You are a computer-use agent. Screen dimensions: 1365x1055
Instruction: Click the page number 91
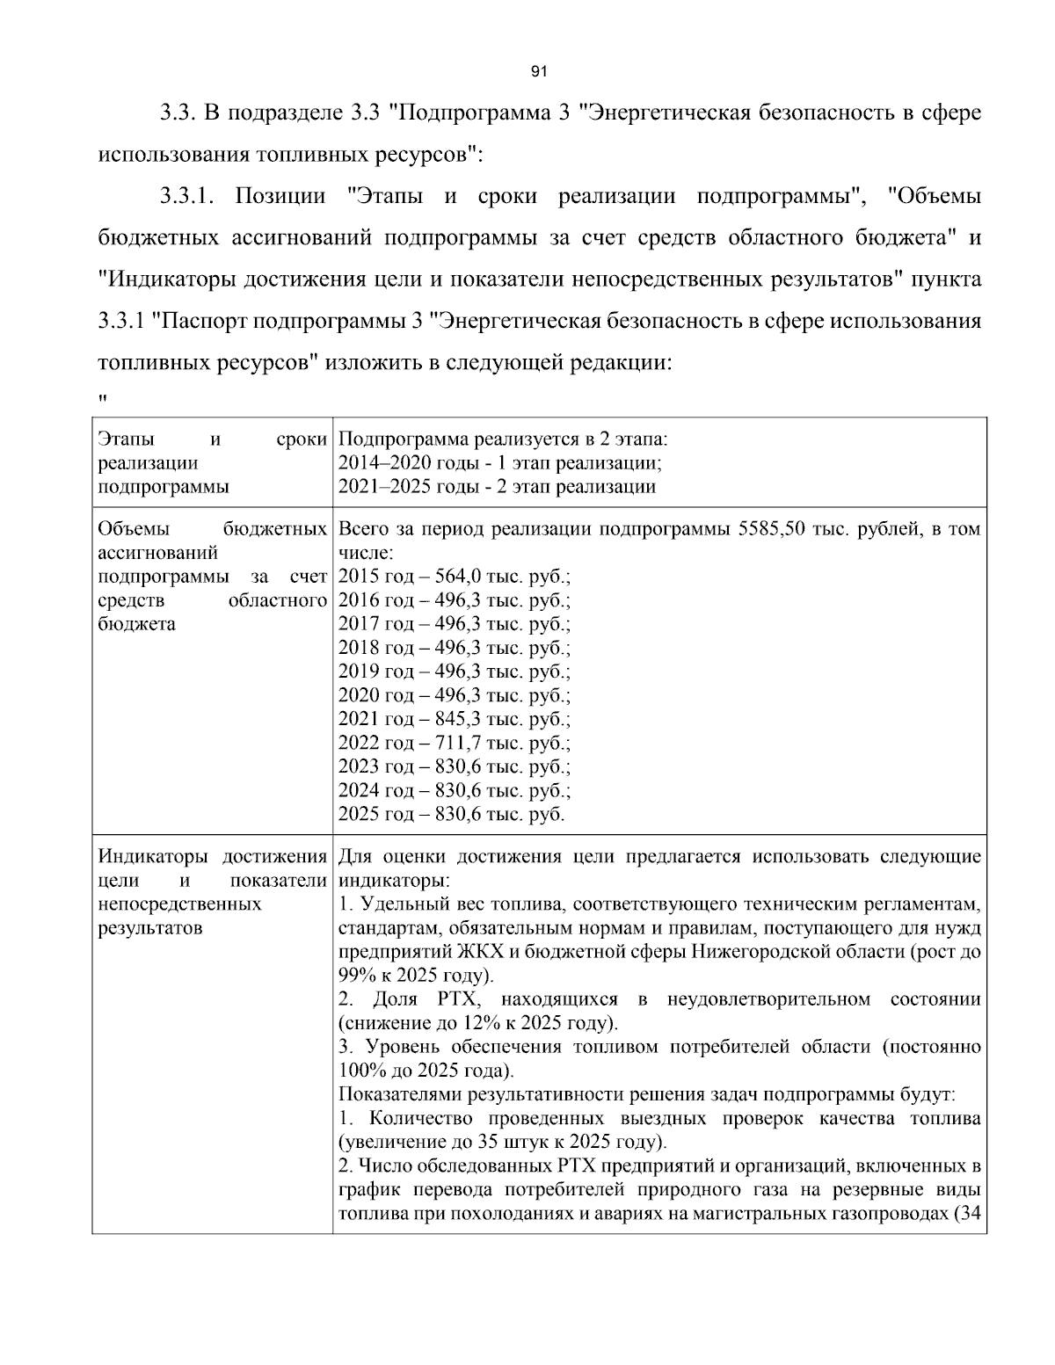pyautogui.click(x=540, y=72)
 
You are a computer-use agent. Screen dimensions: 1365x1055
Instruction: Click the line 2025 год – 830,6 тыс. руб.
pyautogui.click(x=451, y=815)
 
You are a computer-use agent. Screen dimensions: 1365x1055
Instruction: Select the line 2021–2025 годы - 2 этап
pyautogui.click(x=497, y=487)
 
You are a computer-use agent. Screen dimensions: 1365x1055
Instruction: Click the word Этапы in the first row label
pyautogui.click(x=124, y=439)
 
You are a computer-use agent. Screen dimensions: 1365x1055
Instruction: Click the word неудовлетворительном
pyautogui.click(x=768, y=999)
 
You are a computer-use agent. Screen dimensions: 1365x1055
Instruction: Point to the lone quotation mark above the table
pyautogui.click(x=103, y=398)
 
